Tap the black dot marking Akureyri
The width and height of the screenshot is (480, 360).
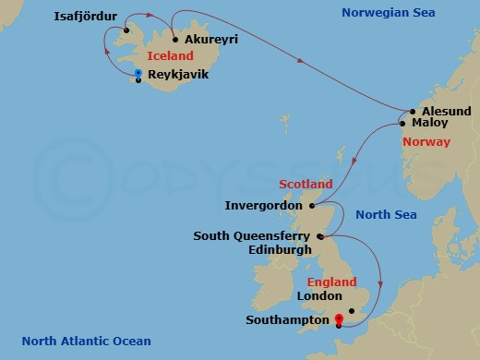(x=175, y=40)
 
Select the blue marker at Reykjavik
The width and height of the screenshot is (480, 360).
(x=138, y=73)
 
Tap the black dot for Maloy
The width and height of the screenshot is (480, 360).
(x=402, y=122)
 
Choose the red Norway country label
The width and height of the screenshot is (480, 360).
(x=426, y=142)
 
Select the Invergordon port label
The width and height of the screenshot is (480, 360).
(x=264, y=205)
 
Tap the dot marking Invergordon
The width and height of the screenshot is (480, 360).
(x=312, y=206)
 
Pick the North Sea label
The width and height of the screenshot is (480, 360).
(x=386, y=215)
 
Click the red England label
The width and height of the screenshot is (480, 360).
(x=329, y=282)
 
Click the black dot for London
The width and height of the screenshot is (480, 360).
(x=353, y=311)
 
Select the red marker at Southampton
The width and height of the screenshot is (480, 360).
(x=340, y=318)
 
